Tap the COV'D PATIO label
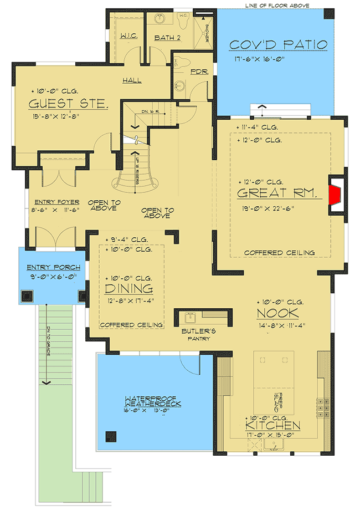click(278, 45)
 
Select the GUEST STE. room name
click(68, 104)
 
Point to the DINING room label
click(129, 288)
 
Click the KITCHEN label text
click(274, 426)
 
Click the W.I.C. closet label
click(129, 37)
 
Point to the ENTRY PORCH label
click(53, 268)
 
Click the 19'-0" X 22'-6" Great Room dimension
click(265, 208)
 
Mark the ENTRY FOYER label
click(56, 202)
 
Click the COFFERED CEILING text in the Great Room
click(280, 253)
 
